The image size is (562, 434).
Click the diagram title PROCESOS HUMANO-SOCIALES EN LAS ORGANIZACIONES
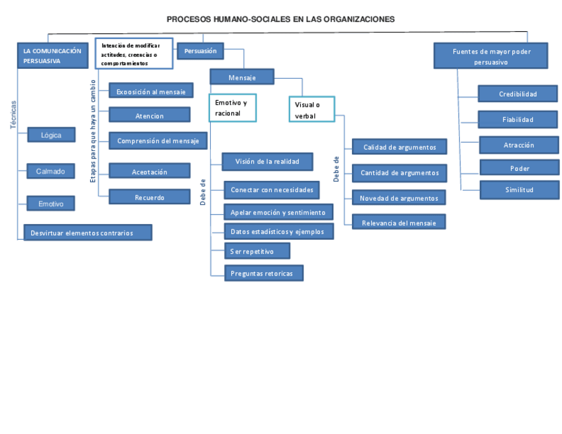pyautogui.click(x=280, y=19)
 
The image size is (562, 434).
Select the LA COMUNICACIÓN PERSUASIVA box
pyautogui.click(x=52, y=56)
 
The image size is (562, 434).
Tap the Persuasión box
pyautogui.click(x=200, y=51)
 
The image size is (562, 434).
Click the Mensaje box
pyautogui.click(x=242, y=78)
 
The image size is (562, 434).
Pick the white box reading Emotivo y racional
pyautogui.click(x=232, y=108)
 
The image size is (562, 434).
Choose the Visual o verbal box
pyautogui.click(x=311, y=110)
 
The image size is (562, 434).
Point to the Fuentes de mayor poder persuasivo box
pyautogui.click(x=491, y=56)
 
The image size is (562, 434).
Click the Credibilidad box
pyautogui.click(x=518, y=94)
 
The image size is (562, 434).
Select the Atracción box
pyautogui.click(x=518, y=145)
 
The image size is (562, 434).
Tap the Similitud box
pyautogui.click(x=519, y=190)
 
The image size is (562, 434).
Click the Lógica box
pyautogui.click(x=51, y=135)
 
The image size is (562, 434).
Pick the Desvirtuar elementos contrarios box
pyautogui.click(x=87, y=233)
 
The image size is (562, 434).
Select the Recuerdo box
pyautogui.click(x=149, y=197)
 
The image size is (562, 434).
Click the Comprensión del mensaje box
pyautogui.click(x=158, y=140)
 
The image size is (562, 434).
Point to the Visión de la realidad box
pyautogui.click(x=267, y=161)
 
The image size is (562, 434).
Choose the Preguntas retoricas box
pyautogui.click(x=264, y=273)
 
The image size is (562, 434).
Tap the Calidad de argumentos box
pyautogui.click(x=399, y=147)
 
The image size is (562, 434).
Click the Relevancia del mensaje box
pyautogui.click(x=399, y=223)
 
